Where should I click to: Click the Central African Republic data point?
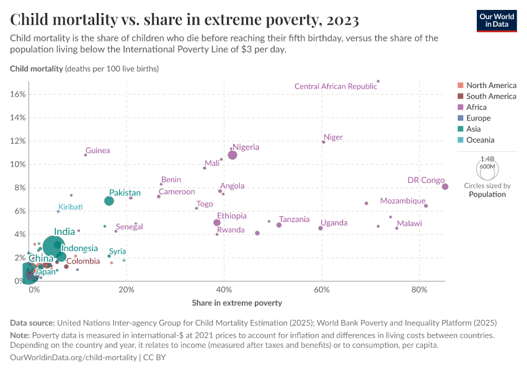378,81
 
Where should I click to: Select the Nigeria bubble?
232,155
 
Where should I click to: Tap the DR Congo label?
425,180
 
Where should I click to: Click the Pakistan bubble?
109,201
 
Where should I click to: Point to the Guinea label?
97,151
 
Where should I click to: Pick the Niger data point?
324,142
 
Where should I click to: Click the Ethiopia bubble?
217,223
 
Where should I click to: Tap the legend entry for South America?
491,96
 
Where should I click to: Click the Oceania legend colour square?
460,140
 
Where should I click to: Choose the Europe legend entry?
478,118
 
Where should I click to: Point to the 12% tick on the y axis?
17,141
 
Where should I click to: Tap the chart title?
185,20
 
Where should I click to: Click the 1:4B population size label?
487,159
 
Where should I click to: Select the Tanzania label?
294,219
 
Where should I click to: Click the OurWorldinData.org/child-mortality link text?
74,358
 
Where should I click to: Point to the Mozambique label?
402,201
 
